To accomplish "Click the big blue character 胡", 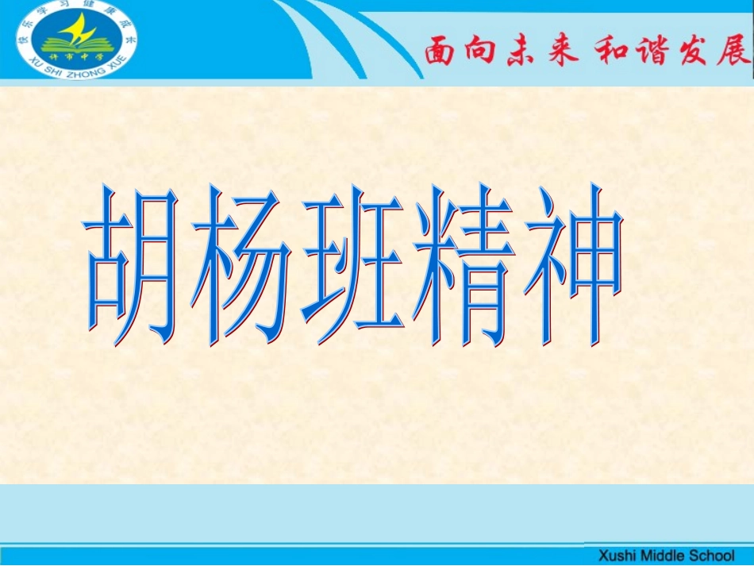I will [135, 266].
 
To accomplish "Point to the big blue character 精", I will [460, 266].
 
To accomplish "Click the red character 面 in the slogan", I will [443, 52].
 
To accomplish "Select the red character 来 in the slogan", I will [563, 52].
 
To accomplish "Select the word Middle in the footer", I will [660, 555].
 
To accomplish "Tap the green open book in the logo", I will [76, 44].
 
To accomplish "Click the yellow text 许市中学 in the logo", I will [77, 56].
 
